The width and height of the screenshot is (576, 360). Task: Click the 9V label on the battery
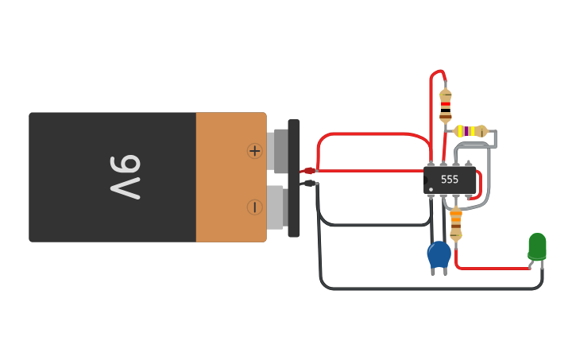click(126, 177)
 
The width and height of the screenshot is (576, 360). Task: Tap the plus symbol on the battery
click(254, 150)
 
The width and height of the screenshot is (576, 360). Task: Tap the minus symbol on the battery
click(254, 207)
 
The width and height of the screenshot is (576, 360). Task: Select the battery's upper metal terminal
click(277, 151)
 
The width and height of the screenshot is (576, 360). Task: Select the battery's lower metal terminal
click(276, 207)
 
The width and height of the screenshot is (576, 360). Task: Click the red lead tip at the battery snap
click(309, 171)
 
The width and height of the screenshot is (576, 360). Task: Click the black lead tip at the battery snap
click(309, 184)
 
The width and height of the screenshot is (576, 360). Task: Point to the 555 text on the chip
click(450, 180)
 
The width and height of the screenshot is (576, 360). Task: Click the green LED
click(537, 246)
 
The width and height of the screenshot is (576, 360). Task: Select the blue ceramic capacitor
click(439, 255)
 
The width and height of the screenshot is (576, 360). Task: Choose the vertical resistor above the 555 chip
click(446, 104)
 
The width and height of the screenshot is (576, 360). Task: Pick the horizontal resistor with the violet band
click(470, 131)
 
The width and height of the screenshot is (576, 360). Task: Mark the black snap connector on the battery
click(294, 178)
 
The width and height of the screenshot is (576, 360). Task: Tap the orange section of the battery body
click(230, 177)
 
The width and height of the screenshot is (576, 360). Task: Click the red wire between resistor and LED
click(493, 269)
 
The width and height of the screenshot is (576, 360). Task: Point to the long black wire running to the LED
click(429, 288)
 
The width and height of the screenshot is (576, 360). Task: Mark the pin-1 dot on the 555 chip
click(431, 189)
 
